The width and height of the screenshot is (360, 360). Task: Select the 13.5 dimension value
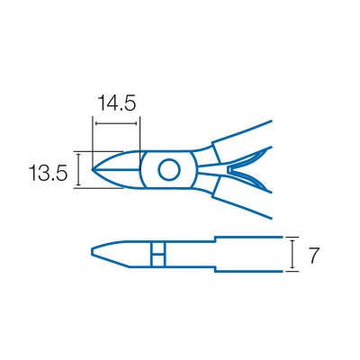(x=47, y=172)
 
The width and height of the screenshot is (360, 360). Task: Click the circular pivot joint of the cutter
(x=168, y=168)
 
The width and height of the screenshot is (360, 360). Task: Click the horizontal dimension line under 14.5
(x=116, y=122)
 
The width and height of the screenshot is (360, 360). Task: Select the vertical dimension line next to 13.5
(x=79, y=169)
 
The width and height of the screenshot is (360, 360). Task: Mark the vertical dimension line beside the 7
(x=292, y=255)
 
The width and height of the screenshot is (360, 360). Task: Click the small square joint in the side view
(x=157, y=255)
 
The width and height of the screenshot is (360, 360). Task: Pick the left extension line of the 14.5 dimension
(x=94, y=135)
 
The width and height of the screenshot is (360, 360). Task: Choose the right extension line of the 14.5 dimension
(x=140, y=135)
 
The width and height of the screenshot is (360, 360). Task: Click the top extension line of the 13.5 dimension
(x=99, y=150)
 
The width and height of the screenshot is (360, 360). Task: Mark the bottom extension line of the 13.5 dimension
(x=99, y=187)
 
